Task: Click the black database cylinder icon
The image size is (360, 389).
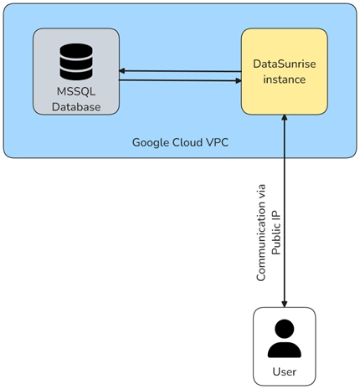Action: (x=76, y=62)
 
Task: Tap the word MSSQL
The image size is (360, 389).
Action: (x=76, y=91)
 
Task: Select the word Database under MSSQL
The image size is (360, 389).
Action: (x=76, y=107)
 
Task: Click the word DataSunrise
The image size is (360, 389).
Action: (x=285, y=64)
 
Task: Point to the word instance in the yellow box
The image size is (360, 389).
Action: (x=285, y=79)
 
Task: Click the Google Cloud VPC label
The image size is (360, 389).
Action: (x=180, y=142)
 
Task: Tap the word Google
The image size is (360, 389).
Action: (x=150, y=143)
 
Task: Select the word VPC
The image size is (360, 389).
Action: (x=217, y=142)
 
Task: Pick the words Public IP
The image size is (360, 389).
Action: (x=275, y=233)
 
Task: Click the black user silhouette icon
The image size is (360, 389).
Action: (x=285, y=339)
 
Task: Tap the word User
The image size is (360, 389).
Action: (x=285, y=371)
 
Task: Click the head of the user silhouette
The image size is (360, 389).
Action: (x=285, y=329)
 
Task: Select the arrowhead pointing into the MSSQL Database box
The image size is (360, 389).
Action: (x=121, y=71)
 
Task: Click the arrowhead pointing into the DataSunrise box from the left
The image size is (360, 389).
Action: (x=239, y=81)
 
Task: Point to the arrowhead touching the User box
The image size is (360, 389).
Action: (x=285, y=305)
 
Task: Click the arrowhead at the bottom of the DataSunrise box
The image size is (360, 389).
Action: (x=285, y=117)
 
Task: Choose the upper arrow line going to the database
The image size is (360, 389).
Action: (x=180, y=71)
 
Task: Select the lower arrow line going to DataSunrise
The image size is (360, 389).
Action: (x=180, y=80)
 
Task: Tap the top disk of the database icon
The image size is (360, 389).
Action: (x=76, y=50)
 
